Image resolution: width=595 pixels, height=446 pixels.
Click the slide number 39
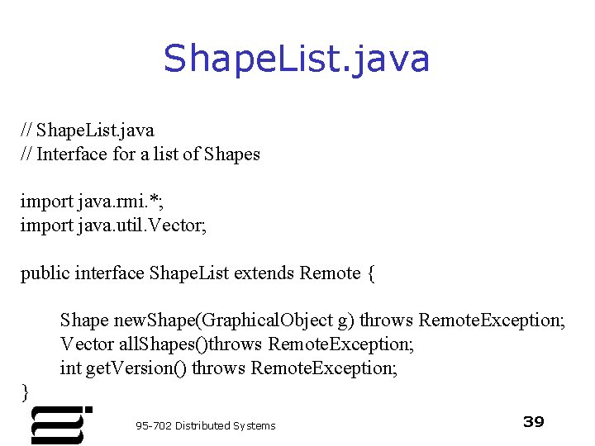click(x=534, y=422)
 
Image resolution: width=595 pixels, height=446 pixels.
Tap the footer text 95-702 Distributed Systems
click(x=206, y=425)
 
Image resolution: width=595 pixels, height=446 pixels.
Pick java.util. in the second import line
click(x=111, y=225)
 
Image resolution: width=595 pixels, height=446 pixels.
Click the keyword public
click(x=45, y=273)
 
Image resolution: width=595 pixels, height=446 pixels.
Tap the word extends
click(x=264, y=273)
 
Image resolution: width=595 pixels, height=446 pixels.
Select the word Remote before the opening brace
click(x=331, y=273)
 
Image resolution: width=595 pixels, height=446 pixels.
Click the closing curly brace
click(x=25, y=390)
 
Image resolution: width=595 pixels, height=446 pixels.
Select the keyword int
click(x=70, y=368)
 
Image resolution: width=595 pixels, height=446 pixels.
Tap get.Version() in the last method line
click(x=136, y=368)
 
